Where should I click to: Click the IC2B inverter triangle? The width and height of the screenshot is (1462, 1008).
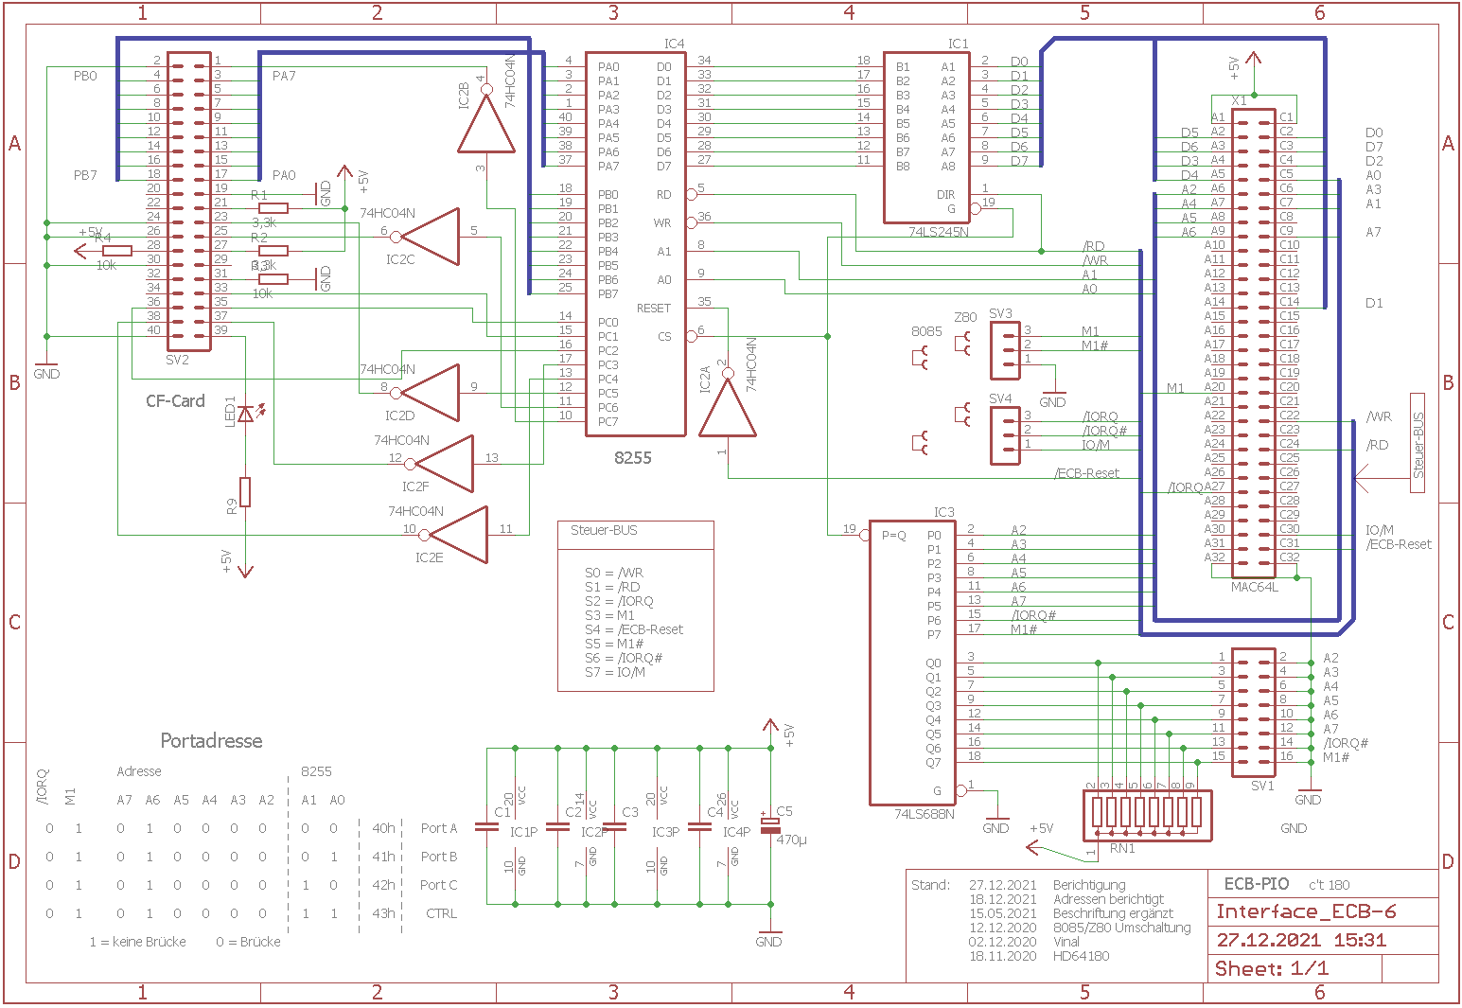coord(486,123)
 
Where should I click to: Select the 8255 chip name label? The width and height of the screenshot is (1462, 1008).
coord(633,457)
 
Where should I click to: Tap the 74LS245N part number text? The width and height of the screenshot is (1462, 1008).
coord(938,232)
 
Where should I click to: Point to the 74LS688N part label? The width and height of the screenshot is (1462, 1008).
coord(924,814)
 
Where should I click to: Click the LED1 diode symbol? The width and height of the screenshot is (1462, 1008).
coord(246,414)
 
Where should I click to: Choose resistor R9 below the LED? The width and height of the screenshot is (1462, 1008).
coord(245,492)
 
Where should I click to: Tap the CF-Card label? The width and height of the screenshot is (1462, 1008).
coord(175,401)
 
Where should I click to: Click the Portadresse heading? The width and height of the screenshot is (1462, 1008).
coord(211,741)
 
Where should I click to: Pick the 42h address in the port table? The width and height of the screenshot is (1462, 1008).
coord(383,885)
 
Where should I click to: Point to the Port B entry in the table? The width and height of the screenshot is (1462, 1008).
coord(438,857)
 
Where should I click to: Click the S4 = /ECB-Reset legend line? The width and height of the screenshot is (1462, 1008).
coord(633,629)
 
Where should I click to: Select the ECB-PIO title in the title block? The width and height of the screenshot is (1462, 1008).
coord(1256,884)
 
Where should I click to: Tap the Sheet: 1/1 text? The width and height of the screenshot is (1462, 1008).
coord(1271,968)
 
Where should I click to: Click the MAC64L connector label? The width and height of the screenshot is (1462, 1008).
coord(1254,587)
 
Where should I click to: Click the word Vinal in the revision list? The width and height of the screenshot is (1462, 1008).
coord(1066,942)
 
